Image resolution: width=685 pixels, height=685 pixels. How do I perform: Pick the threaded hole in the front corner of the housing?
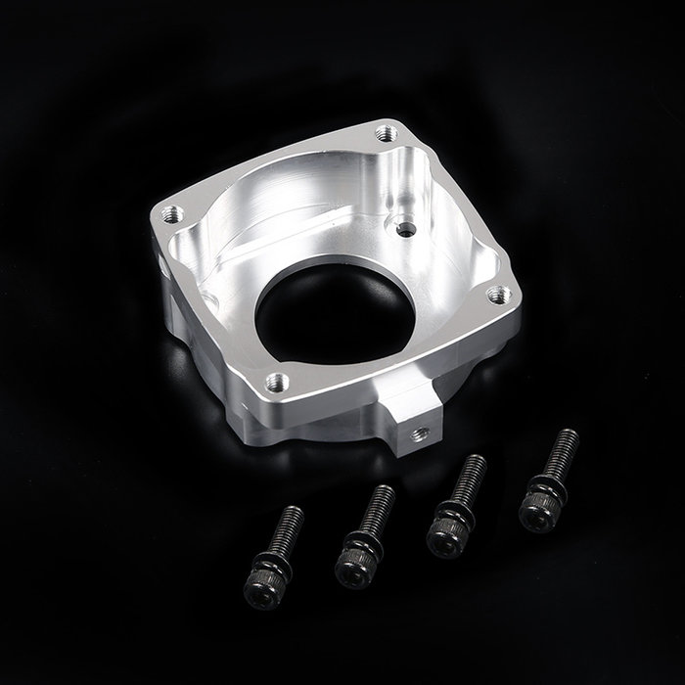(277, 380)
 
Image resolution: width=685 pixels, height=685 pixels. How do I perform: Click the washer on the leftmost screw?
(273, 566)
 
